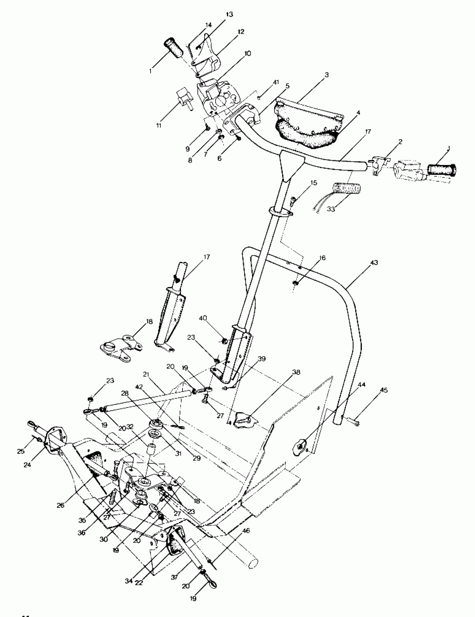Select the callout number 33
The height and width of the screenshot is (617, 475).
click(x=331, y=209)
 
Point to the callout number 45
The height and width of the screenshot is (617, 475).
click(x=384, y=390)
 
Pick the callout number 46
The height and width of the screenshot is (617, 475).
click(x=246, y=531)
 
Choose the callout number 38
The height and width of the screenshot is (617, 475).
click(x=296, y=372)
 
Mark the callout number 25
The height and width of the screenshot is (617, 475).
click(x=21, y=451)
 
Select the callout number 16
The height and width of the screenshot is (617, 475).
click(x=322, y=258)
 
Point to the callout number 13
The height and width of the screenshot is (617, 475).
click(x=229, y=15)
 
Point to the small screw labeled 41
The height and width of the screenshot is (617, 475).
click(x=259, y=98)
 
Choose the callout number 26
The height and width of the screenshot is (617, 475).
click(x=61, y=505)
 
